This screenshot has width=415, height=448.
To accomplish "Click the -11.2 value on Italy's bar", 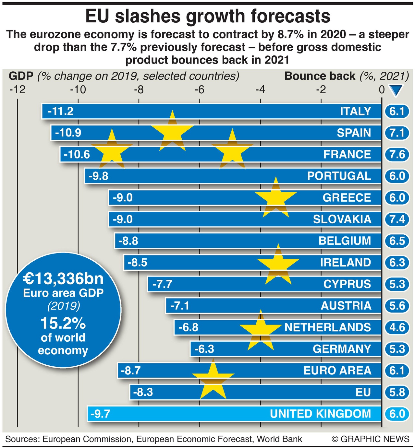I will (60, 111).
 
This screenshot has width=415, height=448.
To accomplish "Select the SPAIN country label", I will (354, 133).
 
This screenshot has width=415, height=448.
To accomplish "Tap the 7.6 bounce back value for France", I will (397, 154).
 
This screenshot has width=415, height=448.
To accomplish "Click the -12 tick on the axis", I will (17, 89).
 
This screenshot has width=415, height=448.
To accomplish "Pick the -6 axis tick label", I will (199, 89).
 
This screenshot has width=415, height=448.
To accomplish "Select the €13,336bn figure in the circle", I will (63, 278).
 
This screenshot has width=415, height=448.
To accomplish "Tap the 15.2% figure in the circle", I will (63, 323).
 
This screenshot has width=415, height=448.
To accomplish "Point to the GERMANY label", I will (342, 349).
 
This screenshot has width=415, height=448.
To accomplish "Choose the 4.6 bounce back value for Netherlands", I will (397, 327).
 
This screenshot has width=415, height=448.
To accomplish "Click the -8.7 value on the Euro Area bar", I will (130, 371).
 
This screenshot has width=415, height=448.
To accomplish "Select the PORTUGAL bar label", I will (339, 176).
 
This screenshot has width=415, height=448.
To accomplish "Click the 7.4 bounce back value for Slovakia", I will (397, 219).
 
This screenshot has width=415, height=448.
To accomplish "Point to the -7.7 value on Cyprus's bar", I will (162, 284).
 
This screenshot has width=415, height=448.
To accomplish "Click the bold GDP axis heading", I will (21, 76).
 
